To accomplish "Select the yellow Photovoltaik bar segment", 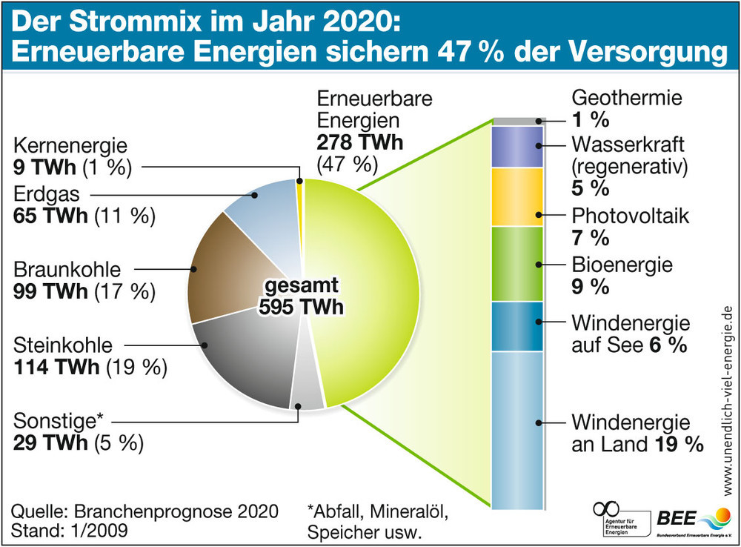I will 518,197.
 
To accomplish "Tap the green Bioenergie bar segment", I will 518,264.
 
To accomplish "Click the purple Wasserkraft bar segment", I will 518,146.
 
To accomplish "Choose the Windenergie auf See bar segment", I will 518,327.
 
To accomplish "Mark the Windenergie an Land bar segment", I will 518,430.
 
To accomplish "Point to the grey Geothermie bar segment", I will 518,121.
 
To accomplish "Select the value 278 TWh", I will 360,142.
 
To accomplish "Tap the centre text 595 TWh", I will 302,307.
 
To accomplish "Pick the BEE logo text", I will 674,517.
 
